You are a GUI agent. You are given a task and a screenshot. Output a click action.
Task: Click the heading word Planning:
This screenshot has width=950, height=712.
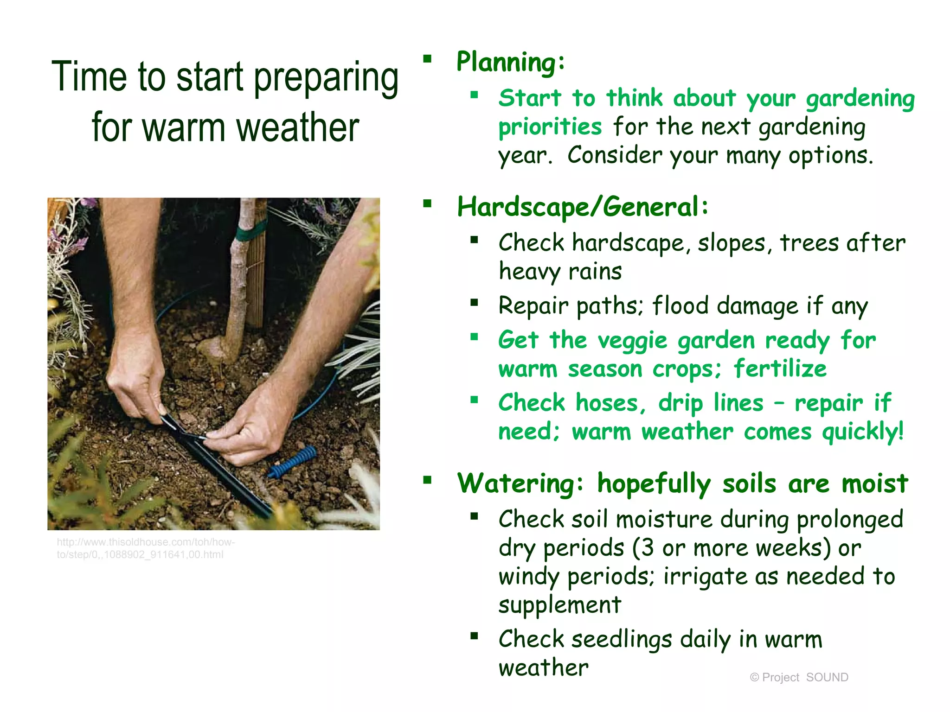pos(510,63)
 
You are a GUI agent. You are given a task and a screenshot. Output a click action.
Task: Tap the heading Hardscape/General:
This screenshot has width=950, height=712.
pos(582,207)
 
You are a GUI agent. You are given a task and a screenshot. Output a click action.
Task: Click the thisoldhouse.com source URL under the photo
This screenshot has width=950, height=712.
pos(146,548)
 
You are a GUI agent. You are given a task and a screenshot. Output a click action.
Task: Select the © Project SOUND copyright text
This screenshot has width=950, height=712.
pos(799,677)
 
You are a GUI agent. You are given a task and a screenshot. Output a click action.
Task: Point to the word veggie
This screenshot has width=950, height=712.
pos(632,341)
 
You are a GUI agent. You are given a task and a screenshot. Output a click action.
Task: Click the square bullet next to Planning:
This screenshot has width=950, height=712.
pos(427,59)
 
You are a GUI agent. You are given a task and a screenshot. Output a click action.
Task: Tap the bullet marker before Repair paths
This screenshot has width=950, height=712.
pos(474,303)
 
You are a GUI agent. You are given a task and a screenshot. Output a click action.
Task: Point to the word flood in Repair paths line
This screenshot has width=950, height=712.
pos(680,306)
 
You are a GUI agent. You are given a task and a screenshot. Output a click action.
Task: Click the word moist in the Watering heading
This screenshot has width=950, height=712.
pos(875,484)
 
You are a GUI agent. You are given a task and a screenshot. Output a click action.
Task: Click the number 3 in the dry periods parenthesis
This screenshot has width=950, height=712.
pos(648,548)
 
